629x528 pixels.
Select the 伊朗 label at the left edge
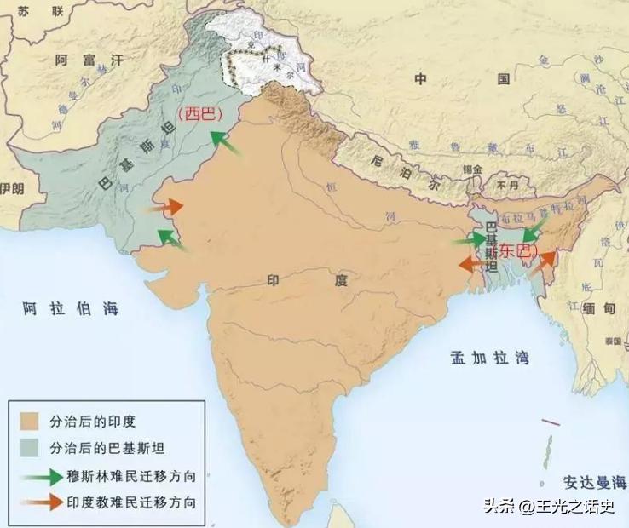(12, 188)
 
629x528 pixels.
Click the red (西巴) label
(198, 114)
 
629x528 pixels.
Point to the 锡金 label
(461, 169)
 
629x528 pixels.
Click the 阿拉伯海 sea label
(71, 307)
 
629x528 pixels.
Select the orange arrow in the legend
(39, 502)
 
